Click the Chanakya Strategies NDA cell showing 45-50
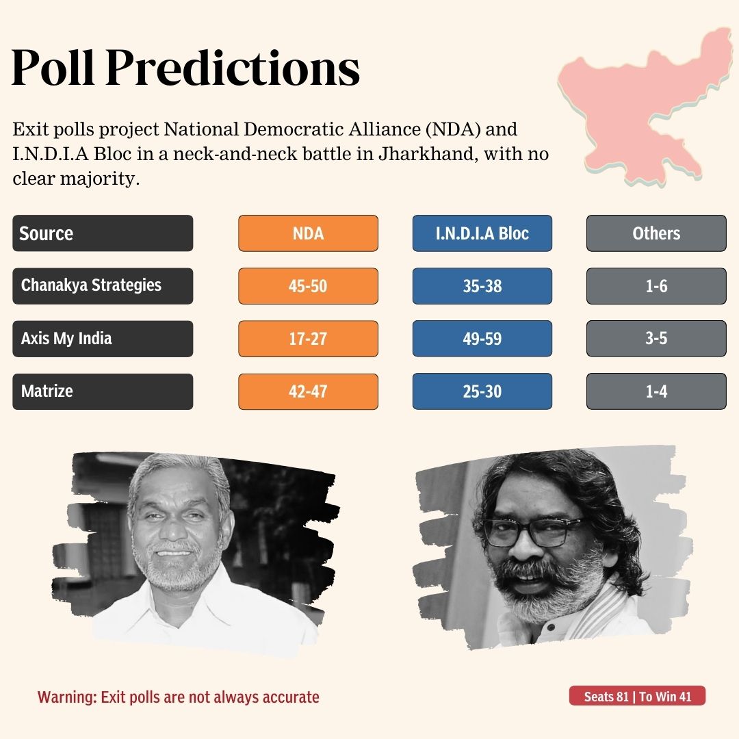(308, 286)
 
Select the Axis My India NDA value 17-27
(308, 339)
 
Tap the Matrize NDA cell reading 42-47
(308, 391)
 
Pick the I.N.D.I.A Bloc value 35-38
(482, 286)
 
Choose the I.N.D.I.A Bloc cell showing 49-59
(482, 339)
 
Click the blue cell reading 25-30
(482, 391)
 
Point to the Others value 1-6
(656, 286)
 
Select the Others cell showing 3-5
(656, 339)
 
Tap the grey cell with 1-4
(656, 391)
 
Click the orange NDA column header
(308, 233)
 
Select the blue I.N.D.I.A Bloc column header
(482, 233)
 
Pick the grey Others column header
(656, 233)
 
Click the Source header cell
(103, 233)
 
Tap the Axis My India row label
(103, 339)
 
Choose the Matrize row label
(103, 391)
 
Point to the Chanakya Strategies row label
(103, 286)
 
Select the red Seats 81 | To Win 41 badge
(637, 697)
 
